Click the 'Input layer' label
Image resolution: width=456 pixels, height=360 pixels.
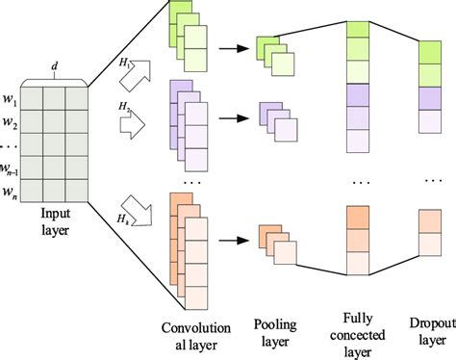pos(55,221)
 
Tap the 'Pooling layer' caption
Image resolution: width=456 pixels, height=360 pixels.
pos(275,333)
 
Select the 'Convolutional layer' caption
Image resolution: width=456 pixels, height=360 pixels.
pos(196,336)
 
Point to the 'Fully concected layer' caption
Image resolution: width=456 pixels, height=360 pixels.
pos(358,335)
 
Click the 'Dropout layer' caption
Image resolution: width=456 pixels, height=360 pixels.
pos(433,331)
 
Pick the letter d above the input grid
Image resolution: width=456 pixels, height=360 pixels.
pos(55,66)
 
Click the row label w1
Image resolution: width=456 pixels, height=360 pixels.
pos(11,99)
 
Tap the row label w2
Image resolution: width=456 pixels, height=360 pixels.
pos(11,122)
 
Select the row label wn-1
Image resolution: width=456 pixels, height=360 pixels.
pos(9,169)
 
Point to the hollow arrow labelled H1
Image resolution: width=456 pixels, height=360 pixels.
pos(136,76)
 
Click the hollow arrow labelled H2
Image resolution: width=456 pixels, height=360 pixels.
pos(133,124)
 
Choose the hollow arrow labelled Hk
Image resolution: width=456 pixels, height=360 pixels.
pos(138,211)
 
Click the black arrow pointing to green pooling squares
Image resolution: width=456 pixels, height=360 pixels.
pos(234,49)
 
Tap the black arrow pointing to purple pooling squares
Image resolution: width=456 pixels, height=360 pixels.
pos(234,118)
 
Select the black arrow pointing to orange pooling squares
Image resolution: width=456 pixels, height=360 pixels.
pos(234,241)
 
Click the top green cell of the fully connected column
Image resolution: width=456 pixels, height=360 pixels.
pos(358,30)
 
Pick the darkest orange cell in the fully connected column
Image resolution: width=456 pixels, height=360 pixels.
pos(358,218)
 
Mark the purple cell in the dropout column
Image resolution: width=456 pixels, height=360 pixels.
pos(430,98)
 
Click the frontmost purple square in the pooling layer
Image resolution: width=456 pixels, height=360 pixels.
pos(286,130)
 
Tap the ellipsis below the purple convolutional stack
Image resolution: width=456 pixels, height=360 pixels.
pos(192,183)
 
